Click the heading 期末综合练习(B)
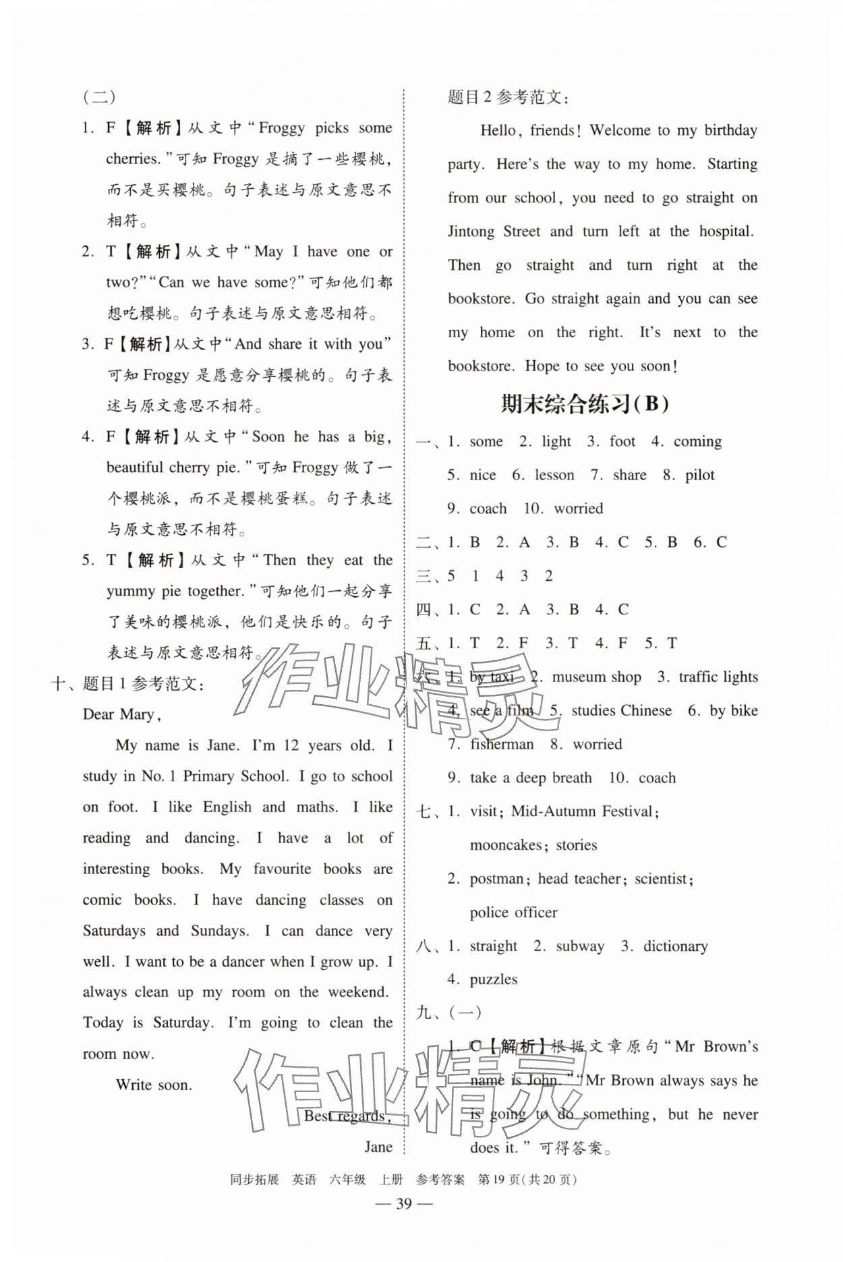[585, 404]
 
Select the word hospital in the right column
[726, 231]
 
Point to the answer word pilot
[699, 475]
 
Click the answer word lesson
[554, 475]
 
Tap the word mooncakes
[506, 844]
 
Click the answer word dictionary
[675, 946]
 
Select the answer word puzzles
[494, 979]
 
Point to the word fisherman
[502, 744]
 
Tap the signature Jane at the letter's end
[378, 1147]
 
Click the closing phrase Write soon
[154, 1085]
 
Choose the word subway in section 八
[580, 946]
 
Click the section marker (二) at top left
[99, 96]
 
